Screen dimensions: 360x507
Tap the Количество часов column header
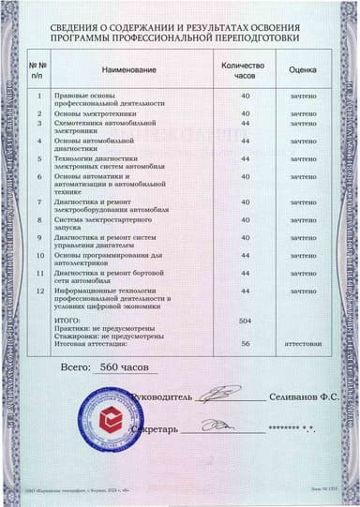[x=246, y=69]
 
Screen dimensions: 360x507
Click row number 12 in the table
[x=40, y=291]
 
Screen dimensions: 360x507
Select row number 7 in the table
[x=40, y=201]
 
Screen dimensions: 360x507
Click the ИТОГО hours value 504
[x=247, y=321]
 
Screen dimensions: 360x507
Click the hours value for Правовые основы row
[x=247, y=96]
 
